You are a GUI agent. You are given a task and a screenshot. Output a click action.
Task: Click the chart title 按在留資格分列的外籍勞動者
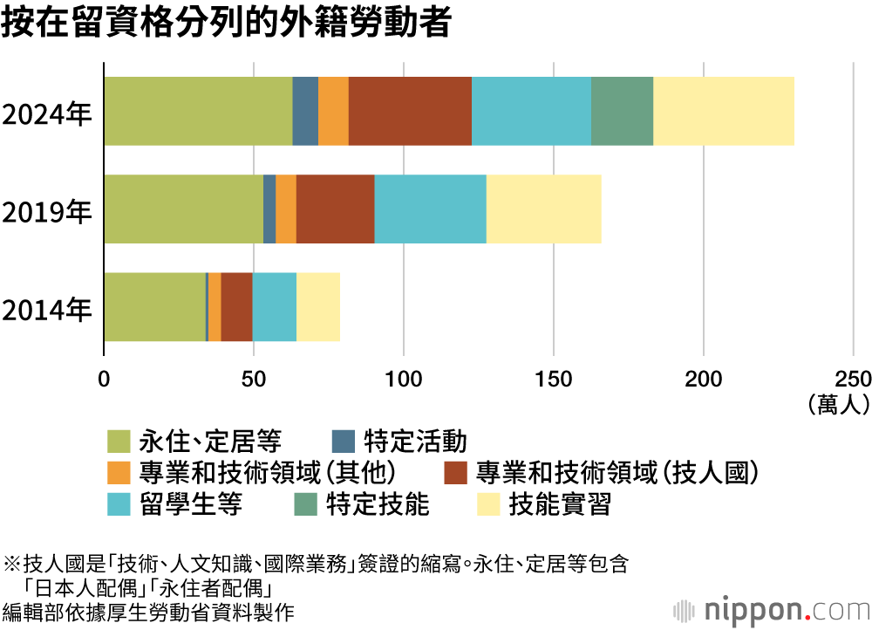[226, 24]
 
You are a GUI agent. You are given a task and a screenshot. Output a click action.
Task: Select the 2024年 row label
[47, 115]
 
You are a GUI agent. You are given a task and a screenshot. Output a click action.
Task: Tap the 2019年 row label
[47, 213]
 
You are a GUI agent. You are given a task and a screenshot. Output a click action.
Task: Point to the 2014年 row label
[47, 311]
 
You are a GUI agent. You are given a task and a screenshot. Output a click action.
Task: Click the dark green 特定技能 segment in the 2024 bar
[622, 111]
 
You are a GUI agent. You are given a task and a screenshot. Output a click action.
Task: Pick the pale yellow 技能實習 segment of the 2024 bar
[724, 111]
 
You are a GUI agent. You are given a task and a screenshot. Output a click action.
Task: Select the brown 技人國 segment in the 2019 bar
[335, 209]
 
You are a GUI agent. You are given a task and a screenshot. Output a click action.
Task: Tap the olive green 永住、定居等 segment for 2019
[183, 209]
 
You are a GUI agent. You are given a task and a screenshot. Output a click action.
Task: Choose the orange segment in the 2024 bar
[333, 111]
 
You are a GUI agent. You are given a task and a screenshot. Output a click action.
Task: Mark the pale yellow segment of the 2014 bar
[317, 306]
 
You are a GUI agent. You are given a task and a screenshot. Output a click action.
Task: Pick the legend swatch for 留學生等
[119, 504]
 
